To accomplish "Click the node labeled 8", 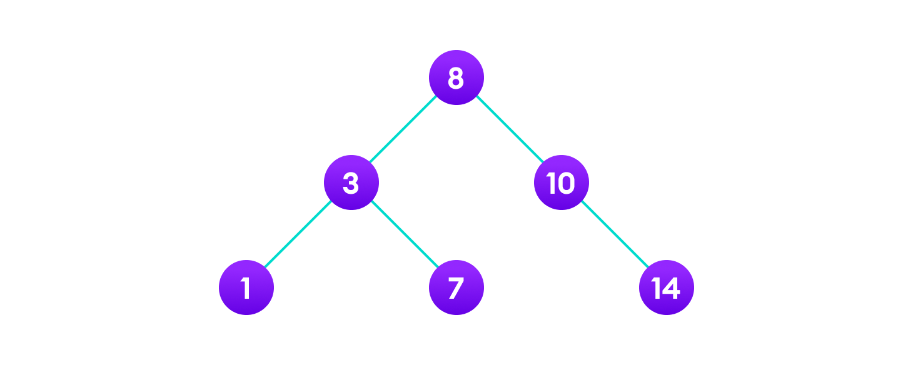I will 456,77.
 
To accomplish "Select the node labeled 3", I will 351,182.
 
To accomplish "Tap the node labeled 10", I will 561,182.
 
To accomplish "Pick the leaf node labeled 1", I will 246,287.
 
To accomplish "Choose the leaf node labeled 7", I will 456,287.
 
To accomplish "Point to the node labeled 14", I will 666,287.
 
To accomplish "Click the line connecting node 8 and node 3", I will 403,130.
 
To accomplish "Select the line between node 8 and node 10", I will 508,130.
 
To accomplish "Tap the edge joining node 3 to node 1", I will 298,235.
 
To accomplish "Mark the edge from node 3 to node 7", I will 403,235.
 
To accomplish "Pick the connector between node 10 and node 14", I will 613,235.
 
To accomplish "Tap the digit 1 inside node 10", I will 551,183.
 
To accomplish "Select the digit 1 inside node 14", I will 656,288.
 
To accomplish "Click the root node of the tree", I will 456,77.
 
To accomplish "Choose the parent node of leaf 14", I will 561,182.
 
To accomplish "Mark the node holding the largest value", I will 666,287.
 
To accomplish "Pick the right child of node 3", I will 456,287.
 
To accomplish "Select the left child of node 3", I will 246,287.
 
